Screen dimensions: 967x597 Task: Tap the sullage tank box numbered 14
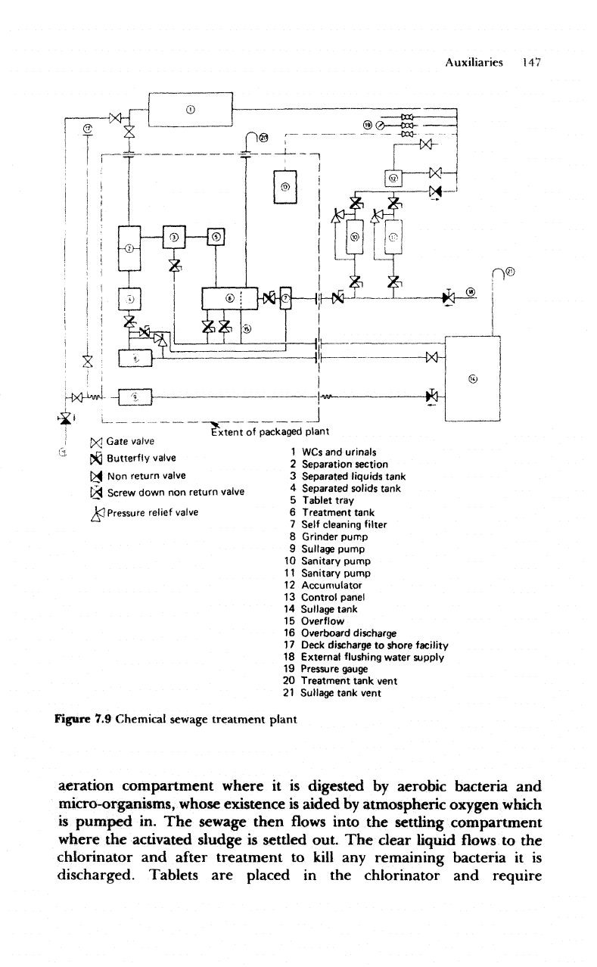click(473, 377)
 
